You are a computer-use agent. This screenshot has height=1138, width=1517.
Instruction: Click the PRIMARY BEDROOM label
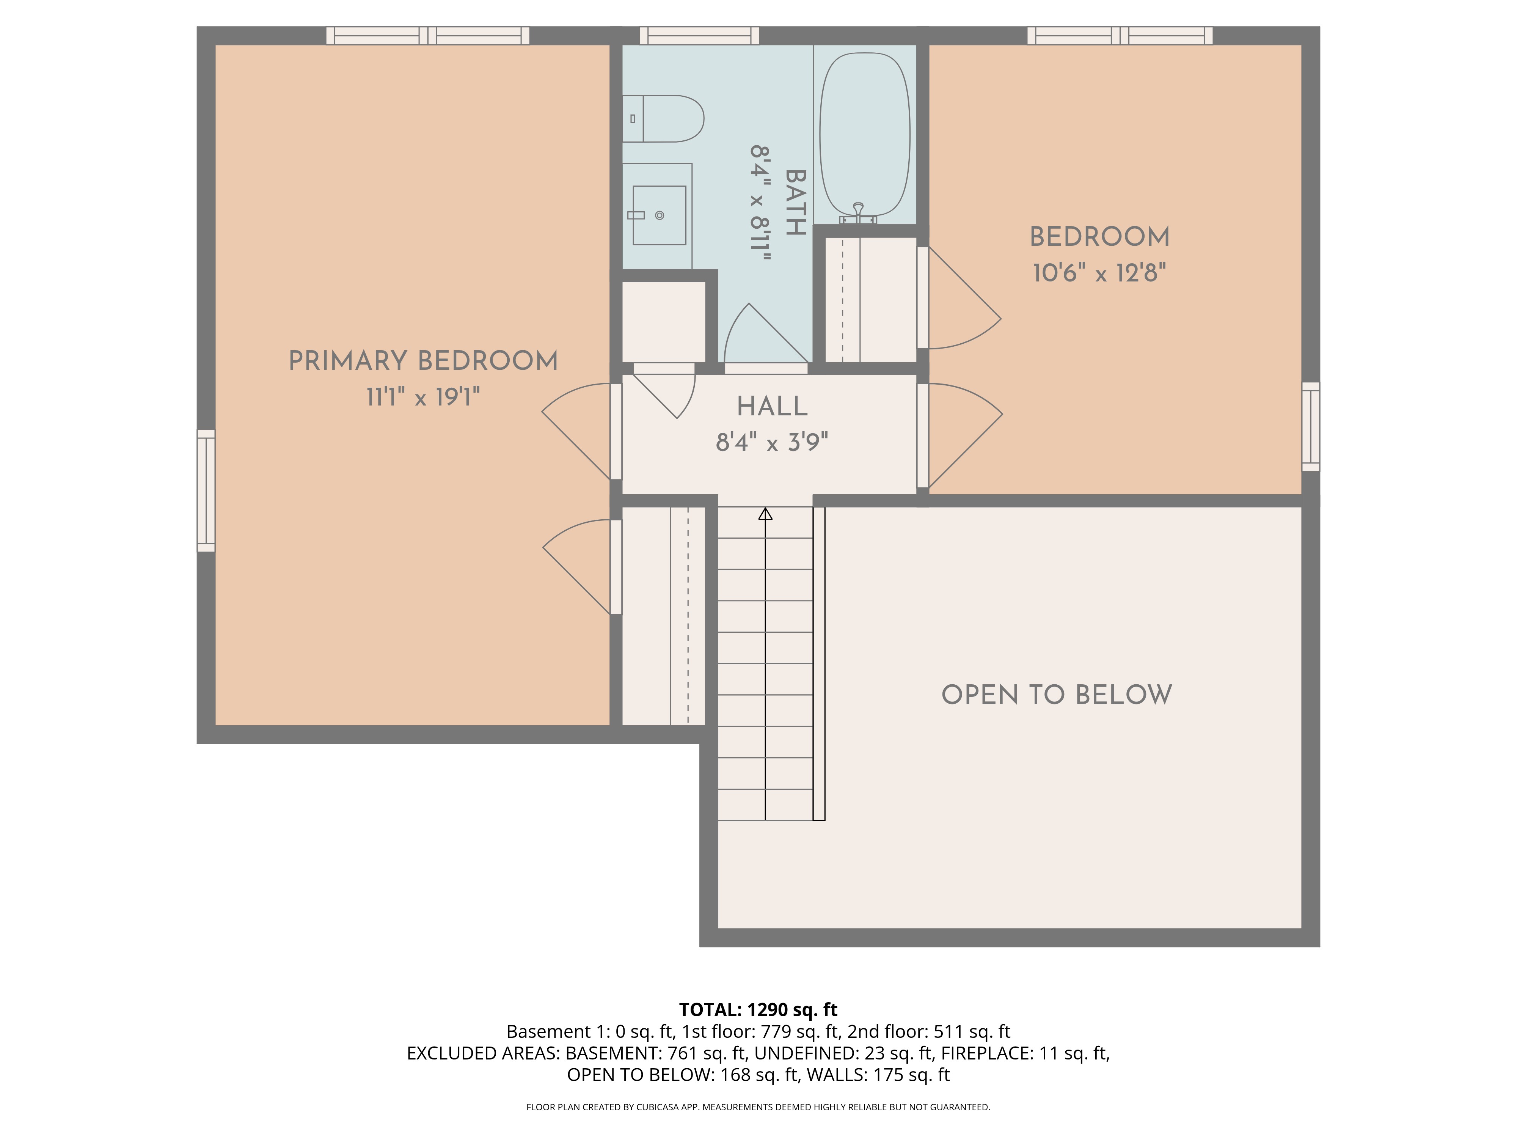(423, 361)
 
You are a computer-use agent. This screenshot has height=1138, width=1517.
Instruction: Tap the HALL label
(772, 406)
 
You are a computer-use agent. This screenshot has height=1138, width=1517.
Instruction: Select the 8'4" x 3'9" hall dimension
(772, 442)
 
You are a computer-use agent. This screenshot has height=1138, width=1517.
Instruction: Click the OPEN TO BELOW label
(1057, 695)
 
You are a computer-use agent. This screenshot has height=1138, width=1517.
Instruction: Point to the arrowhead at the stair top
(765, 513)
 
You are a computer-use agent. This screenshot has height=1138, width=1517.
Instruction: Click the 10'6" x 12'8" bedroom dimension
(1099, 273)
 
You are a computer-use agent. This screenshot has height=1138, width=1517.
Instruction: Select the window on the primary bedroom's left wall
(206, 490)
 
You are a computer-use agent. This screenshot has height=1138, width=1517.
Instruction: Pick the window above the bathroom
(699, 36)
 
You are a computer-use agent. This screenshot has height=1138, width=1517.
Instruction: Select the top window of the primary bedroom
(428, 36)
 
